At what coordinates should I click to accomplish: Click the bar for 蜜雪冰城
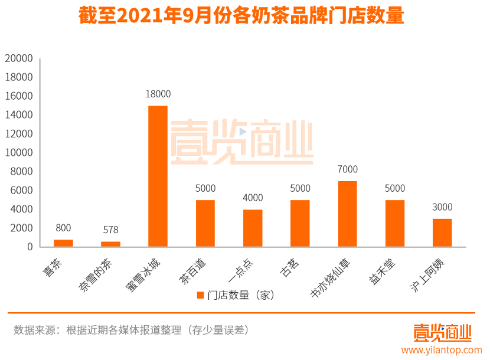click(158, 176)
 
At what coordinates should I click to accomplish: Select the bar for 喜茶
click(63, 243)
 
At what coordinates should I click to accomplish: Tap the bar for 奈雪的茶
click(110, 244)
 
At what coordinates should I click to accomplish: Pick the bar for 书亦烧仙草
click(347, 214)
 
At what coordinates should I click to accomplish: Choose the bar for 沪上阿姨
click(442, 233)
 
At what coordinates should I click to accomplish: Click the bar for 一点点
click(253, 228)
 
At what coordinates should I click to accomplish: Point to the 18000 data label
click(158, 94)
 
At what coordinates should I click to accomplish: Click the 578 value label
click(110, 229)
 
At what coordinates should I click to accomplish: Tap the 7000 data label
click(347, 169)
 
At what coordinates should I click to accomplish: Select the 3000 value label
click(442, 207)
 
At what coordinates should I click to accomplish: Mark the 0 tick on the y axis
click(29, 247)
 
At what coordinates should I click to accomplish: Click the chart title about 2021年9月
click(241, 16)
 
